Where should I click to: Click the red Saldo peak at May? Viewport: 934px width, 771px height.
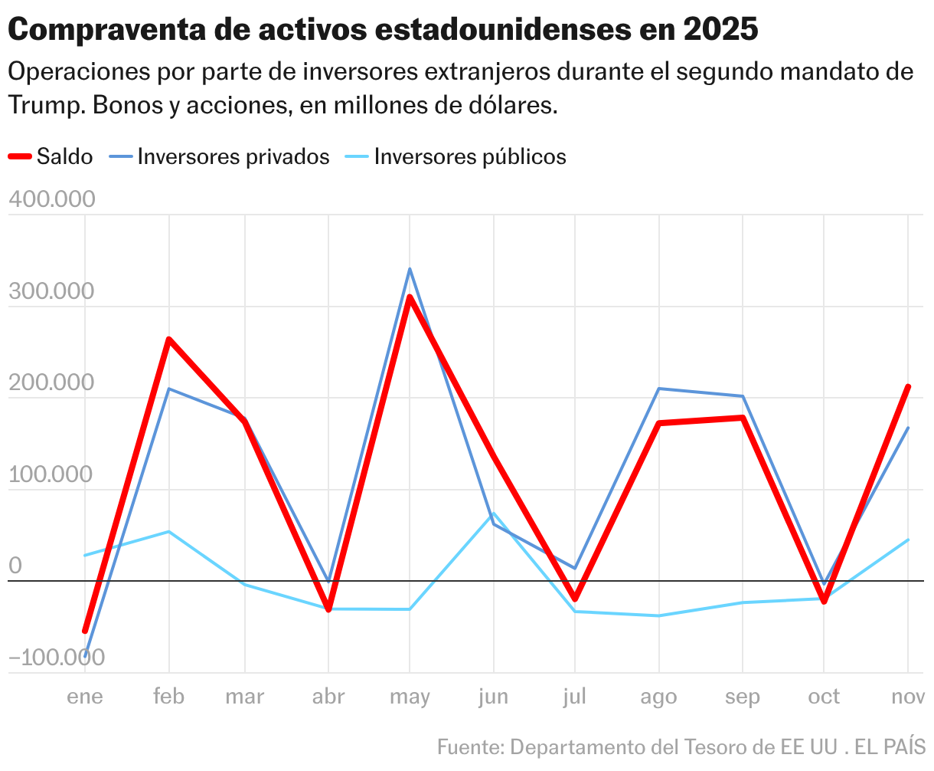pos(410,297)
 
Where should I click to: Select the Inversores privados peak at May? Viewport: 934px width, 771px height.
pos(410,269)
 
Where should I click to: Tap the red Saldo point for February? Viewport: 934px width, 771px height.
pos(168,339)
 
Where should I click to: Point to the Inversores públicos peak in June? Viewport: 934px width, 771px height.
pos(494,513)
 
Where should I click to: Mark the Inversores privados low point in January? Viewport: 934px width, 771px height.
pos(86,654)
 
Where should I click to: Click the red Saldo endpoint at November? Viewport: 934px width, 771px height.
pos(908,386)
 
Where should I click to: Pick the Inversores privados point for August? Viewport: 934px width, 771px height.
pos(659,389)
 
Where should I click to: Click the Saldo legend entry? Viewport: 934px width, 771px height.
pos(51,156)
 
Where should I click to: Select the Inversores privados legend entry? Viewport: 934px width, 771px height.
pos(220,156)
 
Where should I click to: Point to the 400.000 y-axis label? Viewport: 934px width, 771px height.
pos(51,199)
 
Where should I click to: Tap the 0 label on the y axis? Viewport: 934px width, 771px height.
pos(15,566)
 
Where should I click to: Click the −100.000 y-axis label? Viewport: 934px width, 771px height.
pos(56,658)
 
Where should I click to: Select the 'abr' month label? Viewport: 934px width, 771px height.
pos(328,697)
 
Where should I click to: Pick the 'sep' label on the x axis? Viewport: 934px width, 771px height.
pos(742,697)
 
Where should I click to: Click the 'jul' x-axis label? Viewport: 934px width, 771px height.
pos(574,697)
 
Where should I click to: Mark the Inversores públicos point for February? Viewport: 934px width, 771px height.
pos(168,532)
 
